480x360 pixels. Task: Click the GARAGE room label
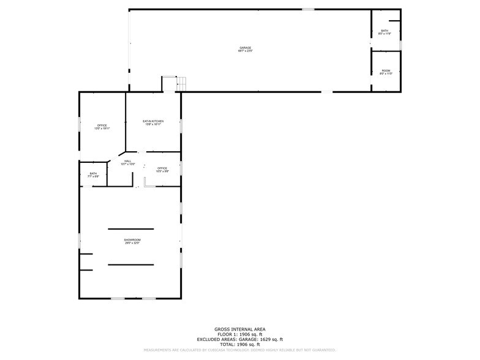tap(245, 48)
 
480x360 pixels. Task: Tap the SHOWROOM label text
tap(132, 240)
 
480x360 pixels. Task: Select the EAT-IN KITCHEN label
tap(153, 121)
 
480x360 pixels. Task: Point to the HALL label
tap(127, 161)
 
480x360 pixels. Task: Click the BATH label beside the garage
tap(384, 31)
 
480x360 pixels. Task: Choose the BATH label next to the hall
tap(93, 173)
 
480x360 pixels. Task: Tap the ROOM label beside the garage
tap(386, 71)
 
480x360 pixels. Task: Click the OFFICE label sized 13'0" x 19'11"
tap(102, 126)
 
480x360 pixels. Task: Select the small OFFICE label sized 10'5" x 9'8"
tap(162, 168)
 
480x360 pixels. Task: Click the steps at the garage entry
tap(181, 84)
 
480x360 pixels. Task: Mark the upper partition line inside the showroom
tap(131, 229)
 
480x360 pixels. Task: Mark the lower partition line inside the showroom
tap(131, 264)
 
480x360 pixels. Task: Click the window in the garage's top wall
tap(308, 9)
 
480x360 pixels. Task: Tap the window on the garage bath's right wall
tap(400, 45)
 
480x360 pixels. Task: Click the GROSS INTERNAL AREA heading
tap(239, 329)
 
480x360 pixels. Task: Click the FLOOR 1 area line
tap(239, 334)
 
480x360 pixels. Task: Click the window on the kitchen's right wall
tap(181, 126)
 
